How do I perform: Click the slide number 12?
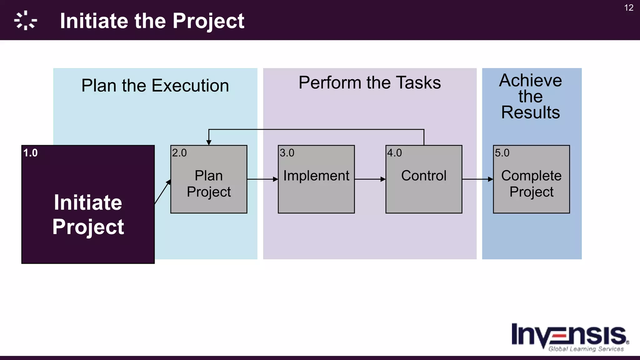629,8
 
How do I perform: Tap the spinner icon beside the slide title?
26,21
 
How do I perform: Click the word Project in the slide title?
208,21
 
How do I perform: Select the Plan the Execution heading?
155,86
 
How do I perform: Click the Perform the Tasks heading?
369,83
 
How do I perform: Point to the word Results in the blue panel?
530,112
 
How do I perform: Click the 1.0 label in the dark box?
30,153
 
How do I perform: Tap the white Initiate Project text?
88,214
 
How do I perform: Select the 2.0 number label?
179,153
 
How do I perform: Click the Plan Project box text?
209,183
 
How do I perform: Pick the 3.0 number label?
287,153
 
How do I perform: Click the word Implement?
316,176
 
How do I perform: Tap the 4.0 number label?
394,153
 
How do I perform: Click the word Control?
423,176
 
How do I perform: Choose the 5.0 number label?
502,153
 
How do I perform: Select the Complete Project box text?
531,183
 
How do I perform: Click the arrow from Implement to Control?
370,179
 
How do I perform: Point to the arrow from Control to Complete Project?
477,179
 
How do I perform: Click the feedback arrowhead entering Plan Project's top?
209,142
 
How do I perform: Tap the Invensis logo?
569,337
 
